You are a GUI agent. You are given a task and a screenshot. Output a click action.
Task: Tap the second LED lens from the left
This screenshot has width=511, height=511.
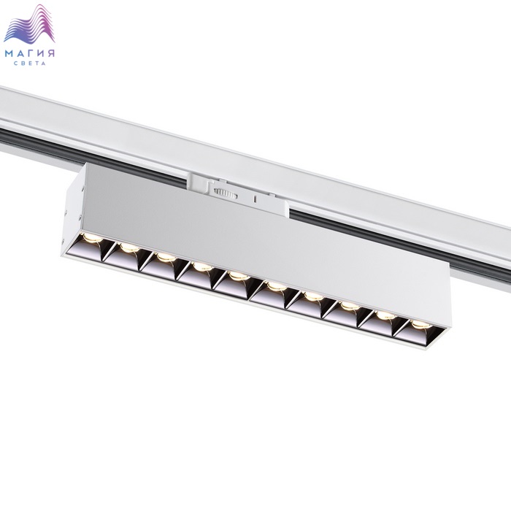click(129, 247)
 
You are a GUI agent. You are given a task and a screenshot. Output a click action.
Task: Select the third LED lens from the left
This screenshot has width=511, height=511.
click(166, 257)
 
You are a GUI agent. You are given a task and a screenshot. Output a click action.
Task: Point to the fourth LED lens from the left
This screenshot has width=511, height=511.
click(202, 267)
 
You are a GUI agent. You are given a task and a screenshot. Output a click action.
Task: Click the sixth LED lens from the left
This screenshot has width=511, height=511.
click(277, 286)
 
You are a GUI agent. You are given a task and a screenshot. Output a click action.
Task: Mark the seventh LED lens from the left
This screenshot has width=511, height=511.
click(313, 296)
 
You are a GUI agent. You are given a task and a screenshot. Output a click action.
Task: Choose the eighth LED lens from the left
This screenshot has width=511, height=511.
click(350, 306)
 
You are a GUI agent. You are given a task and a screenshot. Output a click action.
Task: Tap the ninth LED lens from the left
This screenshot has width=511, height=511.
click(385, 315)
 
